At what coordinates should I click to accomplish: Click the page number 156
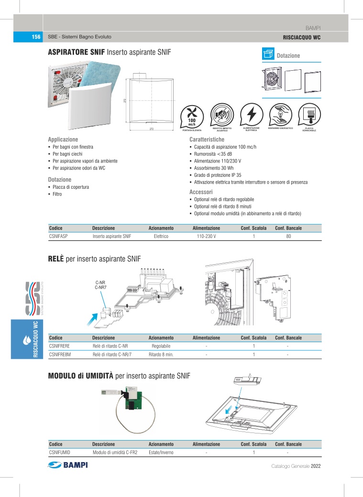[x=35, y=37]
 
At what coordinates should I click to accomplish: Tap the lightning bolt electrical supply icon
[x=251, y=114]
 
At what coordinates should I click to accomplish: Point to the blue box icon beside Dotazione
[x=268, y=55]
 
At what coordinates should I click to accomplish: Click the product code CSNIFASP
[x=59, y=236]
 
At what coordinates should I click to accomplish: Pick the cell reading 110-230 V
[x=206, y=236]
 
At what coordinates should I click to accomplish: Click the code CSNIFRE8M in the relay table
[x=60, y=354]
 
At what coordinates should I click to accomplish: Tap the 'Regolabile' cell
[x=161, y=346]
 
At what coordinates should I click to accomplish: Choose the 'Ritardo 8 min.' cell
[x=161, y=354]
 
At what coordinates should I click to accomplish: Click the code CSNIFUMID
[x=60, y=452]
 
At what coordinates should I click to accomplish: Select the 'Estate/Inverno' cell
[x=161, y=452]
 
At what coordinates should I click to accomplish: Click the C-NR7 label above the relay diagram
[x=100, y=288]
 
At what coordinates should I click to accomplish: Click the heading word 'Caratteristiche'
[x=207, y=139]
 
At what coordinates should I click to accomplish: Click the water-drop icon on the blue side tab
[x=27, y=341]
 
